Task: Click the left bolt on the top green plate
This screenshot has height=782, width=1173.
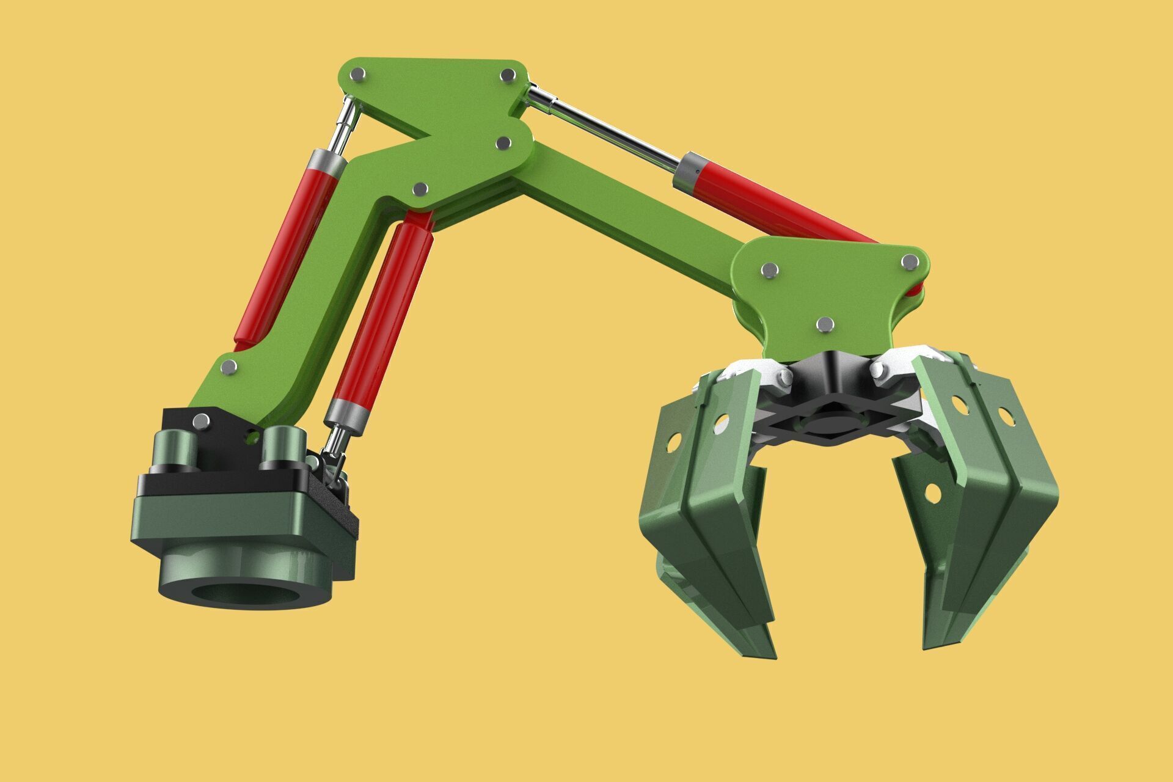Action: [357, 75]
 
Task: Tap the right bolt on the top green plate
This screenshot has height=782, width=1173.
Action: [507, 75]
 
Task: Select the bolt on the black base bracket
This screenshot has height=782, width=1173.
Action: [200, 420]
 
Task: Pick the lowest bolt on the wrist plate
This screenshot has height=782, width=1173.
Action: [825, 324]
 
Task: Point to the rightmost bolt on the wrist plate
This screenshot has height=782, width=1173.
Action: [910, 261]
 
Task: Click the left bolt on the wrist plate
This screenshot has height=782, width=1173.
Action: [770, 269]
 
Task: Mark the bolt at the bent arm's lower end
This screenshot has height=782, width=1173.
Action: [228, 367]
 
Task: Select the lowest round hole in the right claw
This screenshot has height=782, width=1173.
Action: [933, 492]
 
